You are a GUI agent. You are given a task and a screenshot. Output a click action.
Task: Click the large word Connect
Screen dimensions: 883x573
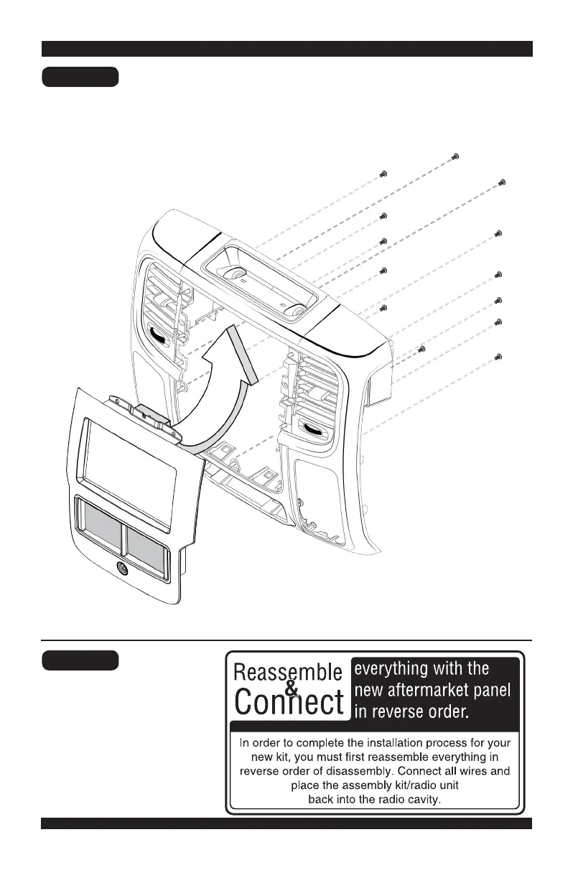[289, 702]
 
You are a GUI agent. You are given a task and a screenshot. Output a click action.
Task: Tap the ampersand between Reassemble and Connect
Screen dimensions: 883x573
[290, 688]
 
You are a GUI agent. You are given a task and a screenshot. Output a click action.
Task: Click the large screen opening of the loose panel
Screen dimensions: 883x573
[129, 456]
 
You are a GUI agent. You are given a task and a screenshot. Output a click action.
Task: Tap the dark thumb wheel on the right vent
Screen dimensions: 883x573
[313, 429]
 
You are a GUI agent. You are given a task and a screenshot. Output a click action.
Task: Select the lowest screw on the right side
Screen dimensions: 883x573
[498, 356]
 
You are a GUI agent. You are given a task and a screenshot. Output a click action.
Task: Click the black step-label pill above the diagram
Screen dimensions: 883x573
[80, 77]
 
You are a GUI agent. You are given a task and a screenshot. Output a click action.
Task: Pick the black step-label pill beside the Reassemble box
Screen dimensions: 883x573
[80, 660]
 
